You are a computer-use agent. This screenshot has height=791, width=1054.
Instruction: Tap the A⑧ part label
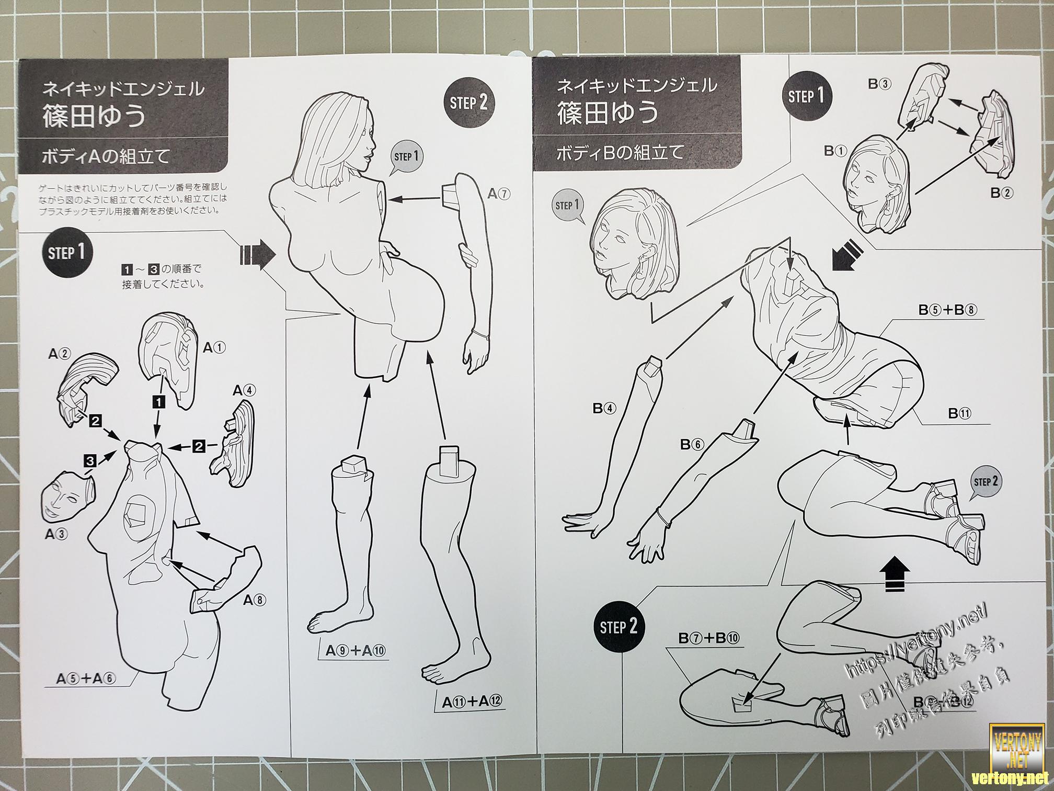(255, 600)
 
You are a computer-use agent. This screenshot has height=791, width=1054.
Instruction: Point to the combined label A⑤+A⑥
(86, 679)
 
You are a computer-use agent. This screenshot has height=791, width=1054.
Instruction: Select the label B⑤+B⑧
(948, 310)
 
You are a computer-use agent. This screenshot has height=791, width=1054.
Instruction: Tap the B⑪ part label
(960, 413)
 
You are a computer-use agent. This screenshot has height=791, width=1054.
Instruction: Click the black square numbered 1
(158, 401)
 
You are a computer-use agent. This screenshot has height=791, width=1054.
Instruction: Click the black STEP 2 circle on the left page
(468, 103)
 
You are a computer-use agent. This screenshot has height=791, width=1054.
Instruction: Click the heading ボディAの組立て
(106, 156)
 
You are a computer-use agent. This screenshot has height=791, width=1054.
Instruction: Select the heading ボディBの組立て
(620, 153)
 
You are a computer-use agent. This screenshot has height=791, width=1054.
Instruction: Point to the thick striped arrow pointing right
(257, 255)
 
